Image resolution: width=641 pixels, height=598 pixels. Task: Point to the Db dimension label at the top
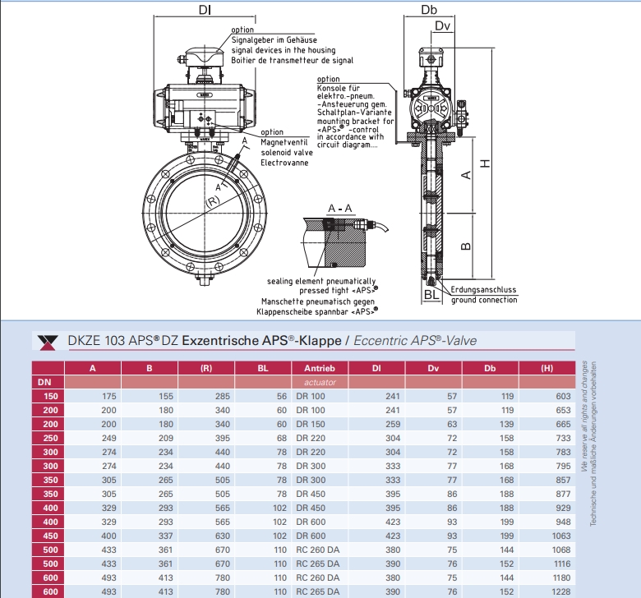click(x=428, y=10)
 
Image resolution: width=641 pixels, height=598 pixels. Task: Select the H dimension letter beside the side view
click(x=486, y=163)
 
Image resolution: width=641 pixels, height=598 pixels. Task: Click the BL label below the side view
click(x=431, y=294)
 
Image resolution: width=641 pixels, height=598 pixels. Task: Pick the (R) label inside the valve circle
click(x=212, y=201)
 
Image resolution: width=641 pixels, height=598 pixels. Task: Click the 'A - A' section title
click(x=339, y=209)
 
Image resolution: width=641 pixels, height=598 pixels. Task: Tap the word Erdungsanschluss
click(x=484, y=289)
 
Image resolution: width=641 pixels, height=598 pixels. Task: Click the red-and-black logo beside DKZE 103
click(x=48, y=341)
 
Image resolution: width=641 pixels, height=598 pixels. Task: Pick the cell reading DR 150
click(x=311, y=424)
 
